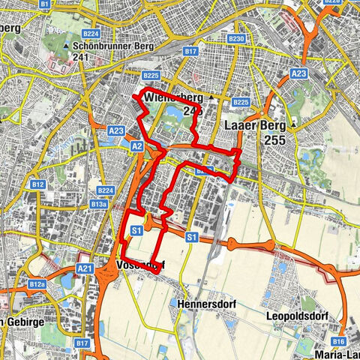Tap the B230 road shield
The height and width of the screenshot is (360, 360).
(236, 38)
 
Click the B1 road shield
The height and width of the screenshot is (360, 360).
(44, 4)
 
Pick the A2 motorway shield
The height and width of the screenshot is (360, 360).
(137, 146)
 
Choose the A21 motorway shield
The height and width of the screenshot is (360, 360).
(85, 268)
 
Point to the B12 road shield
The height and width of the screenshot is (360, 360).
(37, 183)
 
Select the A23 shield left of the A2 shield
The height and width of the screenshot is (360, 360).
(115, 130)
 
